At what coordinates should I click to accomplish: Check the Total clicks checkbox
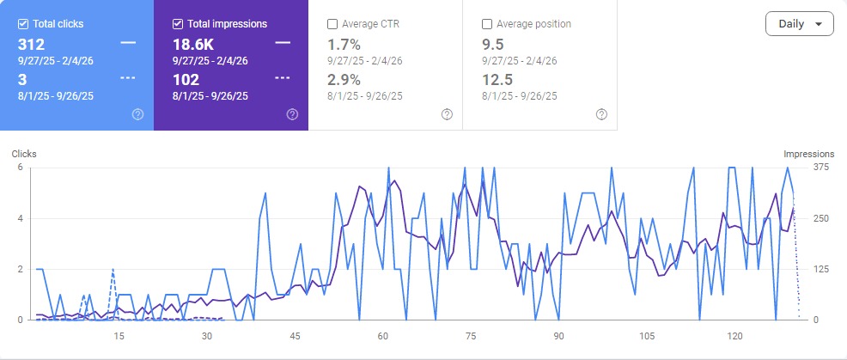tap(23, 24)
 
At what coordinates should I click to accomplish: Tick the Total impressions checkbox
tap(178, 24)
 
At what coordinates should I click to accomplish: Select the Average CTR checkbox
tap(332, 24)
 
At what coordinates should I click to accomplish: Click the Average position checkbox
tap(487, 24)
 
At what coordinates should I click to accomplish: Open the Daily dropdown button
tap(799, 24)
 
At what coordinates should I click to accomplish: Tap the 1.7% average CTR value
tap(344, 43)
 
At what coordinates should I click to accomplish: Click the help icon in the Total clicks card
tap(137, 114)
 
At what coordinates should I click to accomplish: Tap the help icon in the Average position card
tap(601, 114)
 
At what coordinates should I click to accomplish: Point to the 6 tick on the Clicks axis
tap(20, 168)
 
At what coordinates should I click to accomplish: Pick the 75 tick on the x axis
tap(471, 335)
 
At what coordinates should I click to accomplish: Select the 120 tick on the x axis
tap(734, 335)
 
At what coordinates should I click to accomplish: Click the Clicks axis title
tap(24, 154)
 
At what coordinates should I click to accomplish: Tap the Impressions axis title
tap(808, 154)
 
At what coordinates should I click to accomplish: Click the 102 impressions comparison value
tap(185, 79)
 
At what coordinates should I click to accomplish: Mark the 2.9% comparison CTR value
tap(344, 79)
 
